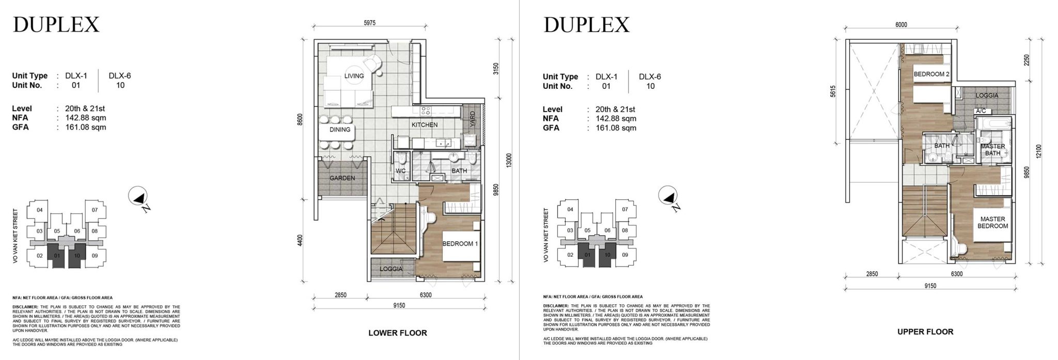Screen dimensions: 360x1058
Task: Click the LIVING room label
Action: (354, 76)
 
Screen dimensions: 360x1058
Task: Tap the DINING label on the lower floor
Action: (339, 130)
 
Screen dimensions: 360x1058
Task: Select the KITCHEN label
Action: (425, 125)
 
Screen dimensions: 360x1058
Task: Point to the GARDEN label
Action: (343, 178)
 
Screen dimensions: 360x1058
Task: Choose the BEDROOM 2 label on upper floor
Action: (931, 74)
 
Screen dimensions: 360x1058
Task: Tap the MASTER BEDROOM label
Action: (992, 223)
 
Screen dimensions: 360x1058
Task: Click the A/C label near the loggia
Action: (981, 111)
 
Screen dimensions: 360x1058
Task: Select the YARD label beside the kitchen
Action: (473, 118)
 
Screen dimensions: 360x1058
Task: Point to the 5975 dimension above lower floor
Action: (372, 23)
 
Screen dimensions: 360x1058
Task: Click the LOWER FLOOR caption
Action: (397, 333)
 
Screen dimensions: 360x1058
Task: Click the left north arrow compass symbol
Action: (138, 197)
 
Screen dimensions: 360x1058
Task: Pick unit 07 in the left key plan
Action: (95, 210)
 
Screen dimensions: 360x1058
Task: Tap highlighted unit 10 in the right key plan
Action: (607, 255)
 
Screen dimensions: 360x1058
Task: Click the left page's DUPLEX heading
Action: (56, 24)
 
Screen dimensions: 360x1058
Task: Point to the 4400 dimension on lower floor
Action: (300, 241)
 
